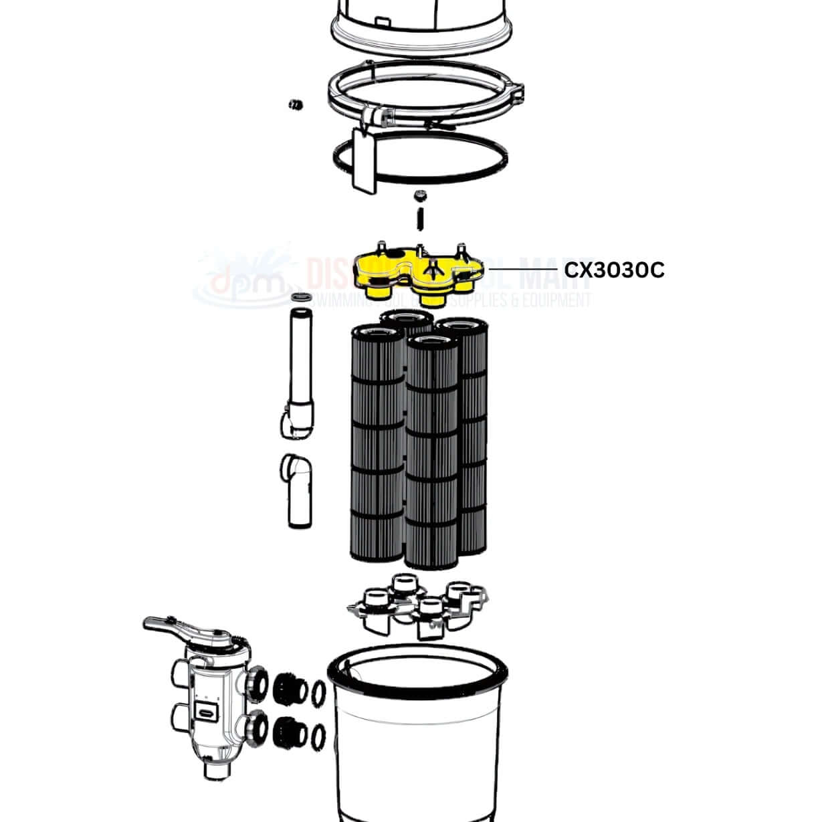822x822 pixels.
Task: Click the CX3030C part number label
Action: pos(614,270)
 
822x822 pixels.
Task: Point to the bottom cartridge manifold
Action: pos(418,602)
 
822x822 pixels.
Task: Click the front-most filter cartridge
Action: pos(431,455)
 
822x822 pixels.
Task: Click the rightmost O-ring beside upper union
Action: pos(320,691)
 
